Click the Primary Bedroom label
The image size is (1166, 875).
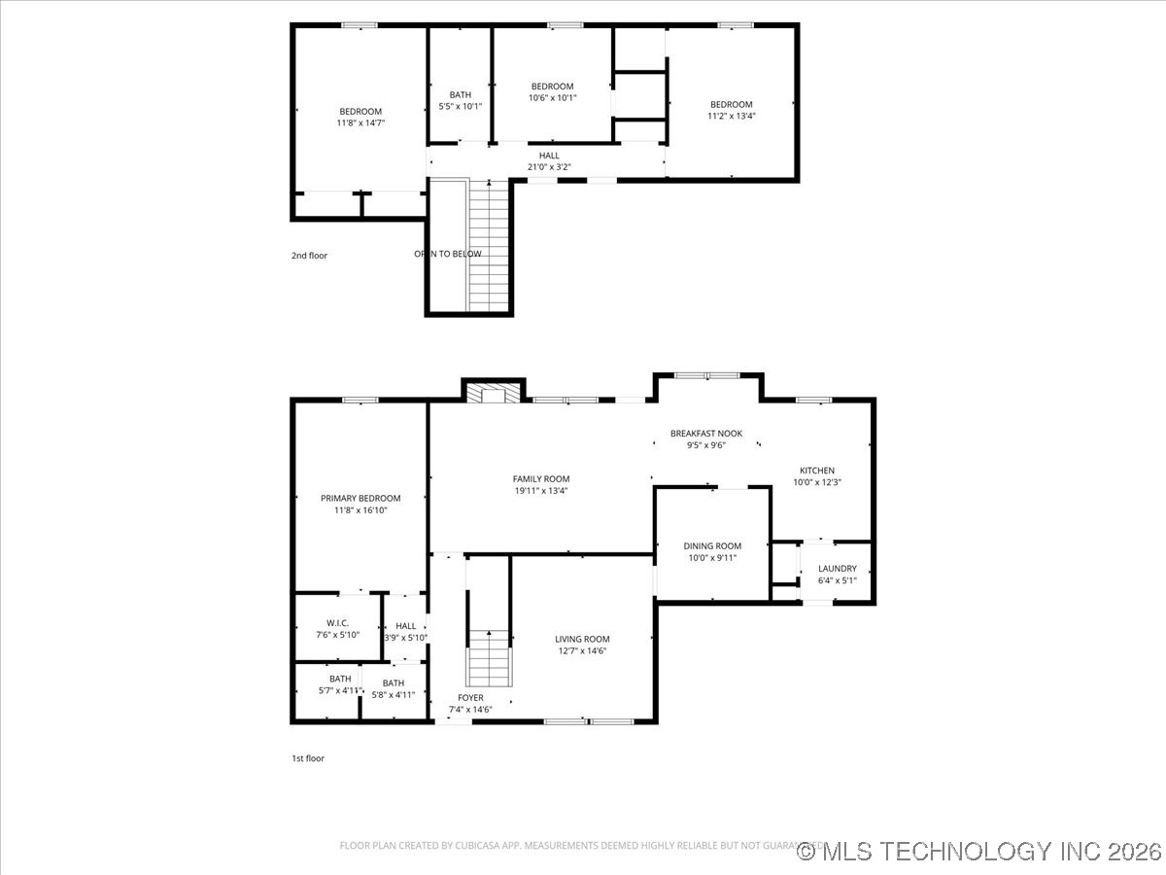pyautogui.click(x=360, y=498)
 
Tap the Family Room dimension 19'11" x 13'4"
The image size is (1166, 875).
pyautogui.click(x=541, y=491)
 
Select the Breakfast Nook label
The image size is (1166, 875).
pyautogui.click(x=705, y=434)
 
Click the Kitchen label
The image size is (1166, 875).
pyautogui.click(x=816, y=471)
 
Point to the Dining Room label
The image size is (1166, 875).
pyautogui.click(x=712, y=546)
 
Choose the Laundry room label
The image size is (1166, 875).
pyautogui.click(x=837, y=569)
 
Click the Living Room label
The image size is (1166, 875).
pyautogui.click(x=582, y=639)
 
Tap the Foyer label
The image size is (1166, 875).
pyautogui.click(x=470, y=698)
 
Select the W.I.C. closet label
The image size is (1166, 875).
pyautogui.click(x=337, y=622)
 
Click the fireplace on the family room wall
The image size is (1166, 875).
pyautogui.click(x=494, y=393)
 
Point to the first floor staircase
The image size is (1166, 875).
pyautogui.click(x=489, y=657)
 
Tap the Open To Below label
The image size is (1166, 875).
pyautogui.click(x=448, y=254)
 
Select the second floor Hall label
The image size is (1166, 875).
pyautogui.click(x=549, y=156)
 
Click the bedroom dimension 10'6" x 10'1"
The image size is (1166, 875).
pyautogui.click(x=552, y=97)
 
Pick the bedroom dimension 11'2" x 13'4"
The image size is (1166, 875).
pyautogui.click(x=731, y=116)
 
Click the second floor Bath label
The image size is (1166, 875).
pyautogui.click(x=460, y=94)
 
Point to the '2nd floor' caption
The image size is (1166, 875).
pyautogui.click(x=310, y=256)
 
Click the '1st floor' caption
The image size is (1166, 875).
pyautogui.click(x=308, y=758)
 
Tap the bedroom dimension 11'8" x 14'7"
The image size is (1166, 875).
pyautogui.click(x=360, y=122)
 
